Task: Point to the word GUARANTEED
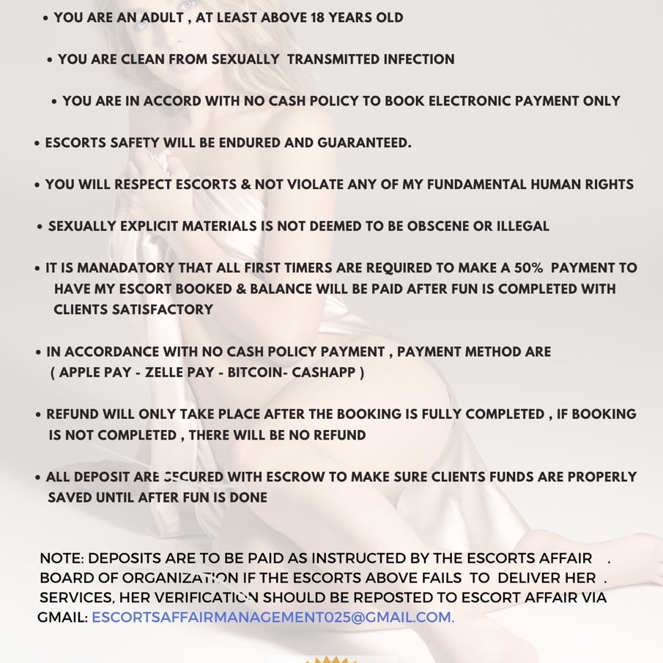pos(364,143)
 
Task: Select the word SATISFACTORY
pos(163,309)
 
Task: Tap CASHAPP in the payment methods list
pos(323,372)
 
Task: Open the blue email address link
pos(273,618)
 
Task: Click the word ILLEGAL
pos(522,226)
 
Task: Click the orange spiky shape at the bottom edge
pos(331,659)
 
